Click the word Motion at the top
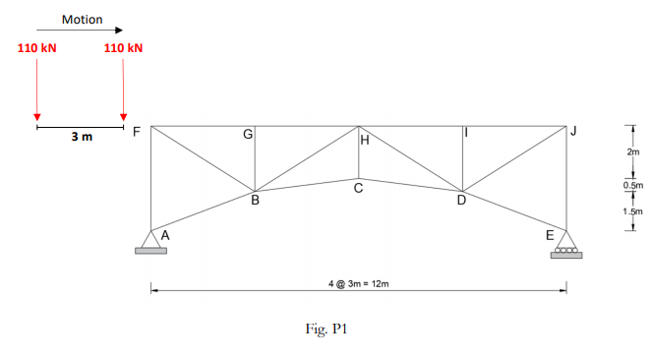[82, 19]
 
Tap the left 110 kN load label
[36, 47]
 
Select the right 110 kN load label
[123, 47]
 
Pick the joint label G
[248, 133]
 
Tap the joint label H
[364, 141]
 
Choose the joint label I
[466, 133]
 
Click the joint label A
[165, 235]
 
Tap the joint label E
[551, 235]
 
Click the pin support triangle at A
[150, 240]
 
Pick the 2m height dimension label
[632, 152]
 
